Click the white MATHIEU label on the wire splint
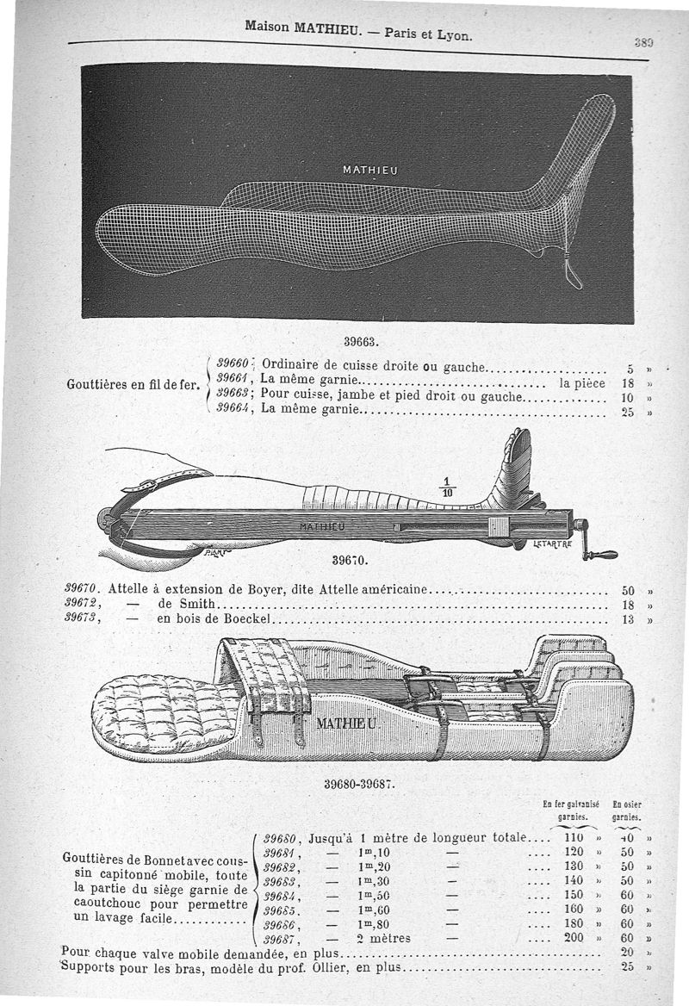pyautogui.click(x=370, y=170)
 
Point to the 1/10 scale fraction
pyautogui.click(x=447, y=487)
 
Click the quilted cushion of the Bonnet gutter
pyautogui.click(x=159, y=711)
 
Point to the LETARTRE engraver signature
pyautogui.click(x=554, y=544)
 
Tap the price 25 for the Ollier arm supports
pyautogui.click(x=627, y=967)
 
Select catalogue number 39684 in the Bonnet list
pyautogui.click(x=281, y=896)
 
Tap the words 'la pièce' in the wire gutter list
pyautogui.click(x=582, y=382)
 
